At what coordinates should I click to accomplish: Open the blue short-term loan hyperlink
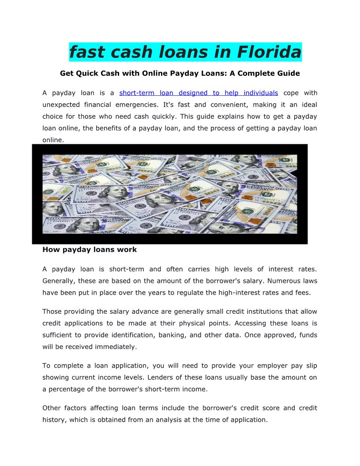click(199, 93)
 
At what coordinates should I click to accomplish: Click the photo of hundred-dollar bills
click(169, 194)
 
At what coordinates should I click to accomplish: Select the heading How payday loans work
click(90, 250)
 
